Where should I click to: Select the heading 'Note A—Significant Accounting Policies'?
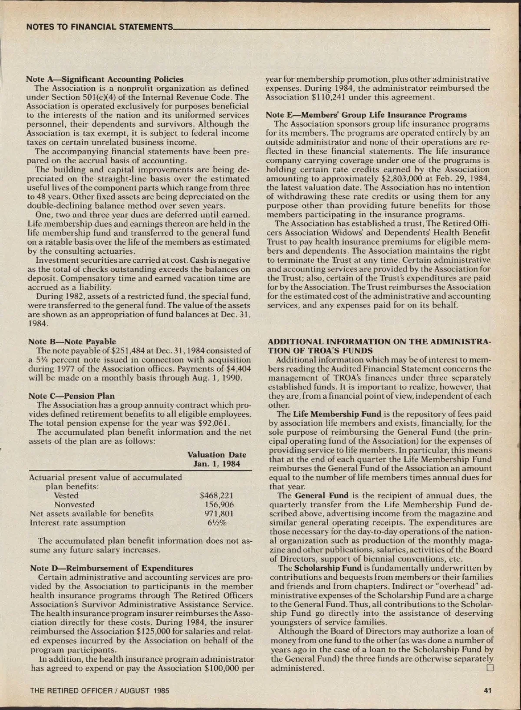coord(105,79)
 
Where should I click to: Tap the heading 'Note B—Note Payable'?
coord(72,341)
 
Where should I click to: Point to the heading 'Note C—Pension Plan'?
coord(71,396)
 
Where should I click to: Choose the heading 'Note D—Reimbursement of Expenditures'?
coord(112,568)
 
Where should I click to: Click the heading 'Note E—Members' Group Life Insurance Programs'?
coord(366,115)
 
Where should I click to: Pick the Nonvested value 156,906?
coord(219,505)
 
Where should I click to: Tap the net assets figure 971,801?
coord(219,514)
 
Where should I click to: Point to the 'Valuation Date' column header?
coord(217,455)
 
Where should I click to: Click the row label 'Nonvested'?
coord(74,505)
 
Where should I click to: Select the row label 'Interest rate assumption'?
coord(77,523)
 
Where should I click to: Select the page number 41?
coord(487,691)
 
